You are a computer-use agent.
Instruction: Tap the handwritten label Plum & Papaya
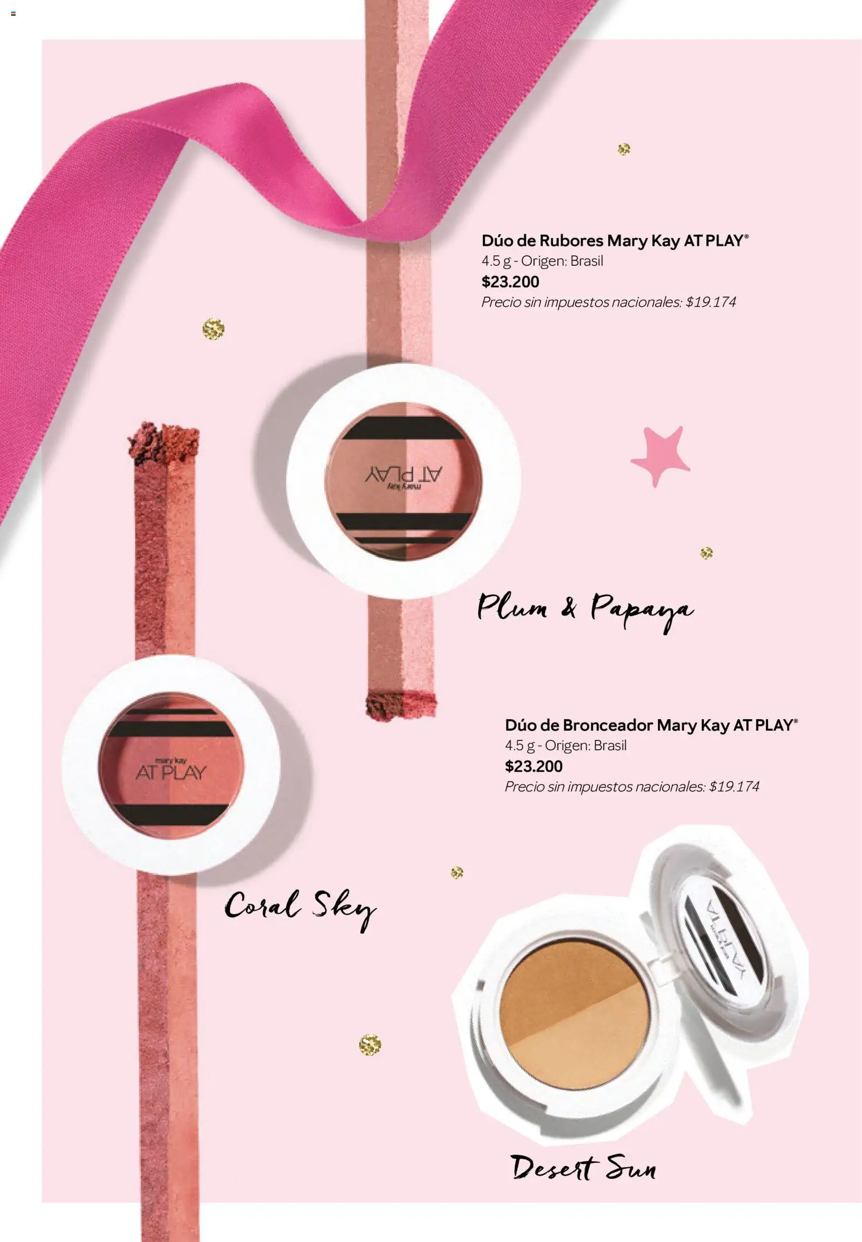tap(585, 609)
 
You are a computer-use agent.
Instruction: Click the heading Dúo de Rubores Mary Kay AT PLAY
tap(615, 241)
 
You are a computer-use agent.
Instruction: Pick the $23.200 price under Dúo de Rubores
tap(510, 282)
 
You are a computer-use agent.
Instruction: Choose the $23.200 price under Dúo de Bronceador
tap(533, 766)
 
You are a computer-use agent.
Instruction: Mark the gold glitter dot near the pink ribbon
tap(213, 329)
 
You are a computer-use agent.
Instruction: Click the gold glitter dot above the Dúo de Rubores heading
tap(624, 149)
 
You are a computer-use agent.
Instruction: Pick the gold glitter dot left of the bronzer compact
tap(370, 1045)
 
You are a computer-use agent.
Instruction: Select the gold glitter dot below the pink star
tap(706, 553)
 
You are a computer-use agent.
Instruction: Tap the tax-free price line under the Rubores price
tap(608, 303)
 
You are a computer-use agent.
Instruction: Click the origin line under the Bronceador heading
tap(565, 746)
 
